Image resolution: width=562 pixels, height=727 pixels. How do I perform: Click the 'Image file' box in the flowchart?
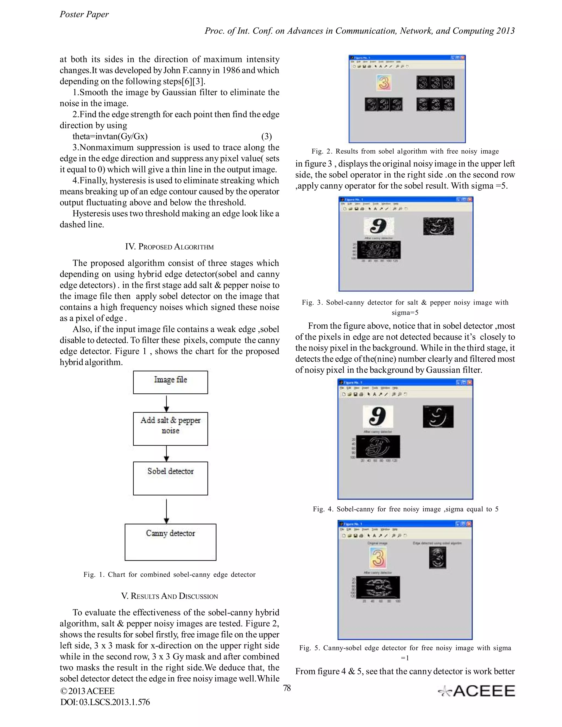coord(170,382)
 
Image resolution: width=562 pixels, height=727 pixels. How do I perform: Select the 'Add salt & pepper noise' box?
coord(170,429)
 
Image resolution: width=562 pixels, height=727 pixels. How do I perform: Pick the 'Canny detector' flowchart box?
coord(170,542)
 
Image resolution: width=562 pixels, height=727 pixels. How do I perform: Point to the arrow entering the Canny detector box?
coord(167,511)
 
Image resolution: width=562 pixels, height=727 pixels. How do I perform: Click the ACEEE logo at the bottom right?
coord(477,691)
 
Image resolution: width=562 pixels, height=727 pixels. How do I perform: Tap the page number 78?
coord(287,688)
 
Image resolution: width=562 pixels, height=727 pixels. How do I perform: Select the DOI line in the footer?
coord(105,702)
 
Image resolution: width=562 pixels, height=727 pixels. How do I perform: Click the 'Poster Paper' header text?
coord(84,14)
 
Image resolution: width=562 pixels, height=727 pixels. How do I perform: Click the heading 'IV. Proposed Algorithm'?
coord(170,247)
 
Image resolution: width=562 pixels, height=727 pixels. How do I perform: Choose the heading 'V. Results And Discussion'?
coord(170,596)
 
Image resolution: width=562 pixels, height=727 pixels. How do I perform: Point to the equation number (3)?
coord(266,136)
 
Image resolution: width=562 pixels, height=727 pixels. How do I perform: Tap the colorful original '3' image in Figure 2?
coord(384,83)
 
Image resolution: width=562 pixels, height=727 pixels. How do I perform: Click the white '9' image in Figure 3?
coord(379,226)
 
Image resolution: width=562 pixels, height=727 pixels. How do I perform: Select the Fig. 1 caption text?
coord(170,574)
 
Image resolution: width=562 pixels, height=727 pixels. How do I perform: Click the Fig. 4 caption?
coord(406,509)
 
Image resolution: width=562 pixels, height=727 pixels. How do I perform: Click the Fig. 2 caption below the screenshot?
coord(405,151)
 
